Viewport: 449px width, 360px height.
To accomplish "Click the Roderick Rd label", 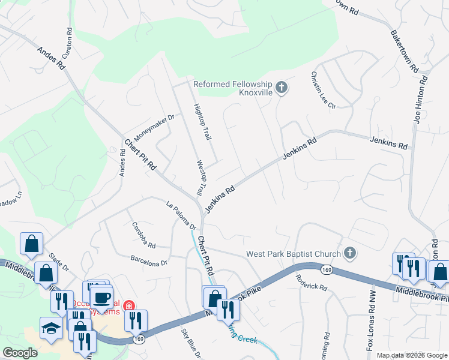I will pyautogui.click(x=311, y=282).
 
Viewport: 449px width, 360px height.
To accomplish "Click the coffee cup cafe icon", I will pyautogui.click(x=101, y=298).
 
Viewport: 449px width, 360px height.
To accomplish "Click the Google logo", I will pyautogui.click(x=20, y=352).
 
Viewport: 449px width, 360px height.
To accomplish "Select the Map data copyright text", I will pyautogui.click(x=411, y=355).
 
